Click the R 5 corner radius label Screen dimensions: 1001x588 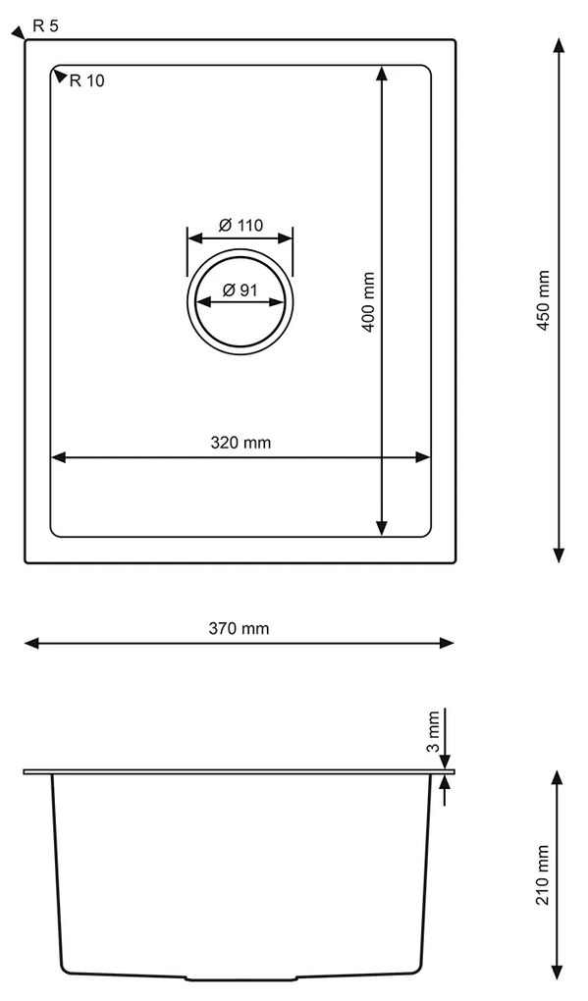click(x=45, y=26)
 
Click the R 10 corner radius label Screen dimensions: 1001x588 click(x=86, y=81)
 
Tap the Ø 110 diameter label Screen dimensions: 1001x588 click(x=241, y=226)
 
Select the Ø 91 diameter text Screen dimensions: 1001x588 click(x=241, y=290)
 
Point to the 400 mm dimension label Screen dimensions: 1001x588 click(x=368, y=301)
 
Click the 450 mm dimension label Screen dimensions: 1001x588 click(x=543, y=300)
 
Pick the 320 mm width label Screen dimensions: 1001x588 click(x=241, y=443)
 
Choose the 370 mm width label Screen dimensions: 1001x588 click(x=240, y=628)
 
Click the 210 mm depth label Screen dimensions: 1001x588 click(x=543, y=874)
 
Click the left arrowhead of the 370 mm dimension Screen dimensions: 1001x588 click(x=31, y=644)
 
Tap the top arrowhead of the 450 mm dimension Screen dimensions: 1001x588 click(x=559, y=45)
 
